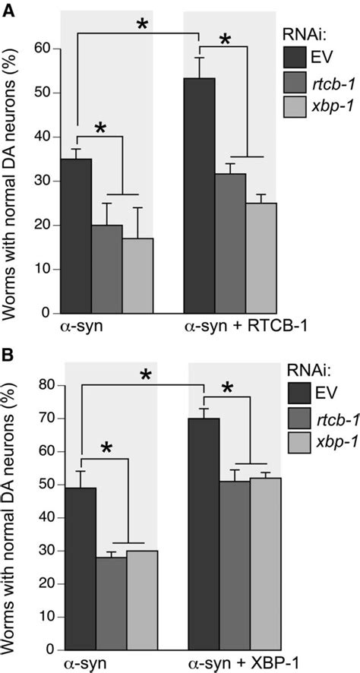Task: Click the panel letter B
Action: pos(9,353)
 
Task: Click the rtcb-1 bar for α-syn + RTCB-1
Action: pos(231,243)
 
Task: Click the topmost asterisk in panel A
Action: pos(142,24)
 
